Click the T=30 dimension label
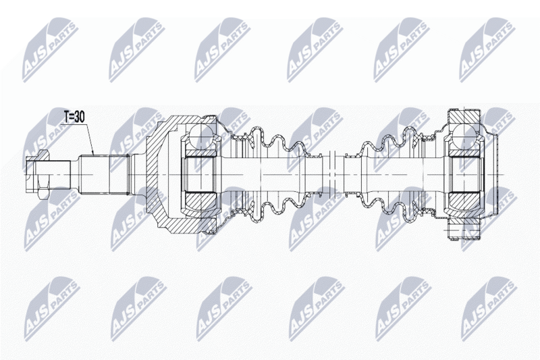(74, 118)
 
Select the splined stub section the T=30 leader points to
(103, 174)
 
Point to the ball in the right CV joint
(464, 134)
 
